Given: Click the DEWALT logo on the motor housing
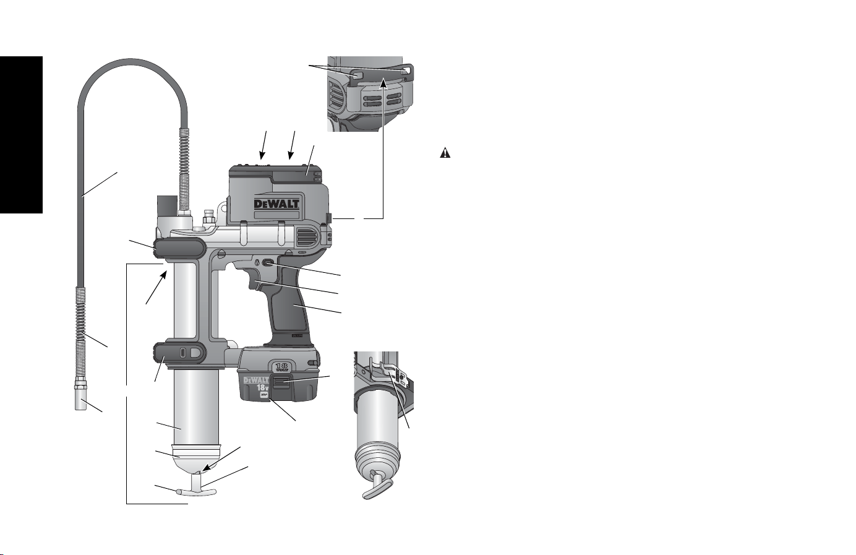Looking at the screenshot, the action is (x=276, y=204).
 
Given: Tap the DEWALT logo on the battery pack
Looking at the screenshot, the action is (x=257, y=381).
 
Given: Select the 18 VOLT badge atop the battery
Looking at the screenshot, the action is (x=281, y=368).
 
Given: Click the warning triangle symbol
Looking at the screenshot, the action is (x=445, y=153).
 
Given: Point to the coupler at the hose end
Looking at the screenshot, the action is (x=80, y=393).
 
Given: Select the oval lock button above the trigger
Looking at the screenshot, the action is (x=267, y=263).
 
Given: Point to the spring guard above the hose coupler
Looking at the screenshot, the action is (x=80, y=332).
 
